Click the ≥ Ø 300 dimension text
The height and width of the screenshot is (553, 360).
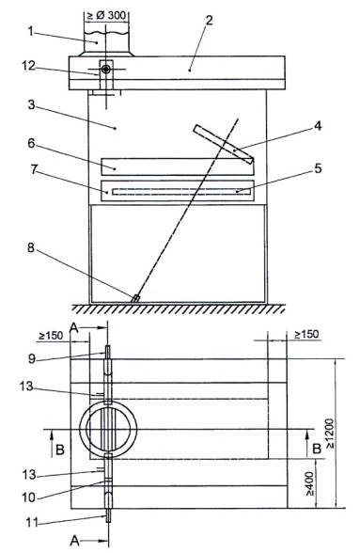tap(106, 15)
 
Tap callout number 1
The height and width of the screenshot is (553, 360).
tap(31, 31)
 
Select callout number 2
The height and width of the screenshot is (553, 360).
tap(209, 20)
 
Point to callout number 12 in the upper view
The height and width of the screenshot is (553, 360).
tap(28, 66)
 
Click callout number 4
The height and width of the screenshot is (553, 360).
tap(318, 126)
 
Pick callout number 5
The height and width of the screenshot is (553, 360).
tap(318, 168)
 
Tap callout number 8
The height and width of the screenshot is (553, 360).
tap(31, 247)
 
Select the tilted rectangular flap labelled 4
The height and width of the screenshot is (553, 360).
tap(223, 145)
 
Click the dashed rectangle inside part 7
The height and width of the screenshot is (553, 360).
tap(181, 192)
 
